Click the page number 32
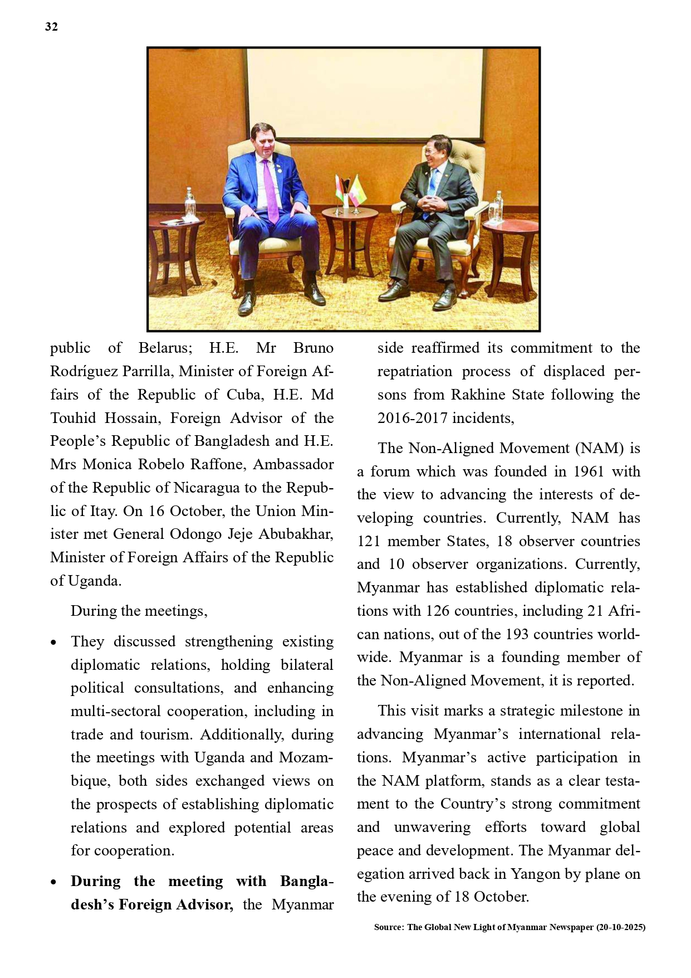coord(51,27)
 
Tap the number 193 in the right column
coord(519,634)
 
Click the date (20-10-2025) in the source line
coord(620,927)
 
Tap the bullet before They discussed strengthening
coord(53,643)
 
